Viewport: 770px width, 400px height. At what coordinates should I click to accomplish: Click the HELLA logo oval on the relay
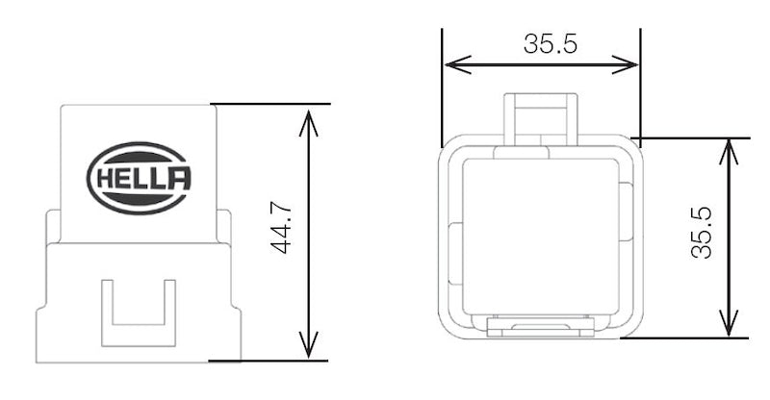point(139,178)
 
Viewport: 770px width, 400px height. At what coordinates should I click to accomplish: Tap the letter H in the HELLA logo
point(103,179)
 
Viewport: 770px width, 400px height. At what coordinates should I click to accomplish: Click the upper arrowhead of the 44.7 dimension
point(307,118)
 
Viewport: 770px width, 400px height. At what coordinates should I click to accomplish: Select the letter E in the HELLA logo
point(121,179)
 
